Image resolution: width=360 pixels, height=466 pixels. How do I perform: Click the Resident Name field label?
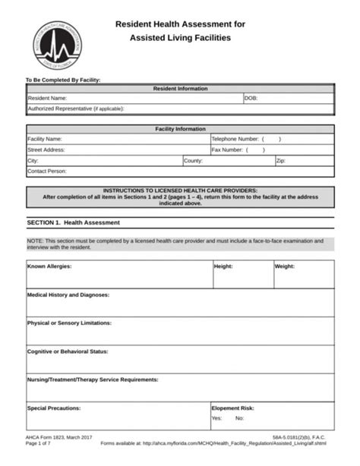47,99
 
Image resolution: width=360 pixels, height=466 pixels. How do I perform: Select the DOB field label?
251,99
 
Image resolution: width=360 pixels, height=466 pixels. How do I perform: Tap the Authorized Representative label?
75,109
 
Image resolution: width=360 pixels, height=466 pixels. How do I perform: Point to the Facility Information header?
180,129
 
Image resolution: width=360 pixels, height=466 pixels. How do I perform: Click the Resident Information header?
180,89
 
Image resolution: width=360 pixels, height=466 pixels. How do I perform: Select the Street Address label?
46,150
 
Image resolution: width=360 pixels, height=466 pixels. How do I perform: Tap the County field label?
193,161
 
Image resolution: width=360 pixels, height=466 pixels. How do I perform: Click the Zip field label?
280,161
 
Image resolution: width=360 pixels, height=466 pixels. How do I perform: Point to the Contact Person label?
47,172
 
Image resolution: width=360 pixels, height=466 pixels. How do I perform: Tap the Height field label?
223,266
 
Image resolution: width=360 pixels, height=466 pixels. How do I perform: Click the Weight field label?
285,266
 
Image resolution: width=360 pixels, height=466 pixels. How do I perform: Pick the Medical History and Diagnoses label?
68,294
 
